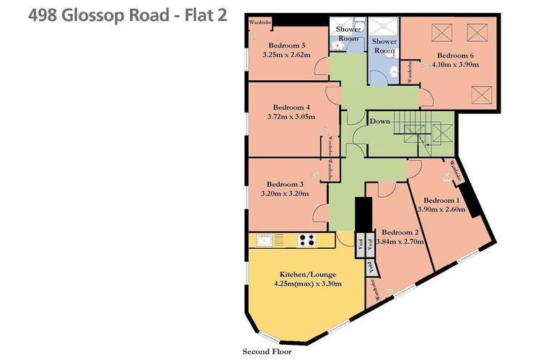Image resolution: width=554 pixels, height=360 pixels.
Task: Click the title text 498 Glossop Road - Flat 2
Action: (x=114, y=16)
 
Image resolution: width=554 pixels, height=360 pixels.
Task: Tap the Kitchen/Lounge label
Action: (x=307, y=275)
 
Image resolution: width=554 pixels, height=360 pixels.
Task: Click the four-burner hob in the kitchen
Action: (x=307, y=240)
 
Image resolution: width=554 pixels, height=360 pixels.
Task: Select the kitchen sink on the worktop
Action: (x=263, y=240)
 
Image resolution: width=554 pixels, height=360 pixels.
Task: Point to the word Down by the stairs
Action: (x=379, y=121)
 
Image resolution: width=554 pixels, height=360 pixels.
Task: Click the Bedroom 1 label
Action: (x=441, y=200)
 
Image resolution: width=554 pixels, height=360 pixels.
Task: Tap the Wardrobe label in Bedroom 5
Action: (x=260, y=23)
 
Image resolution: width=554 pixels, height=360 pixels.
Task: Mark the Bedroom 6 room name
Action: (x=455, y=55)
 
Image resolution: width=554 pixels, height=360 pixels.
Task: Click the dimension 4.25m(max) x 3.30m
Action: (x=307, y=284)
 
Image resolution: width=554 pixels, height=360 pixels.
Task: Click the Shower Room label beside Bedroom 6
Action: (x=384, y=47)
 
